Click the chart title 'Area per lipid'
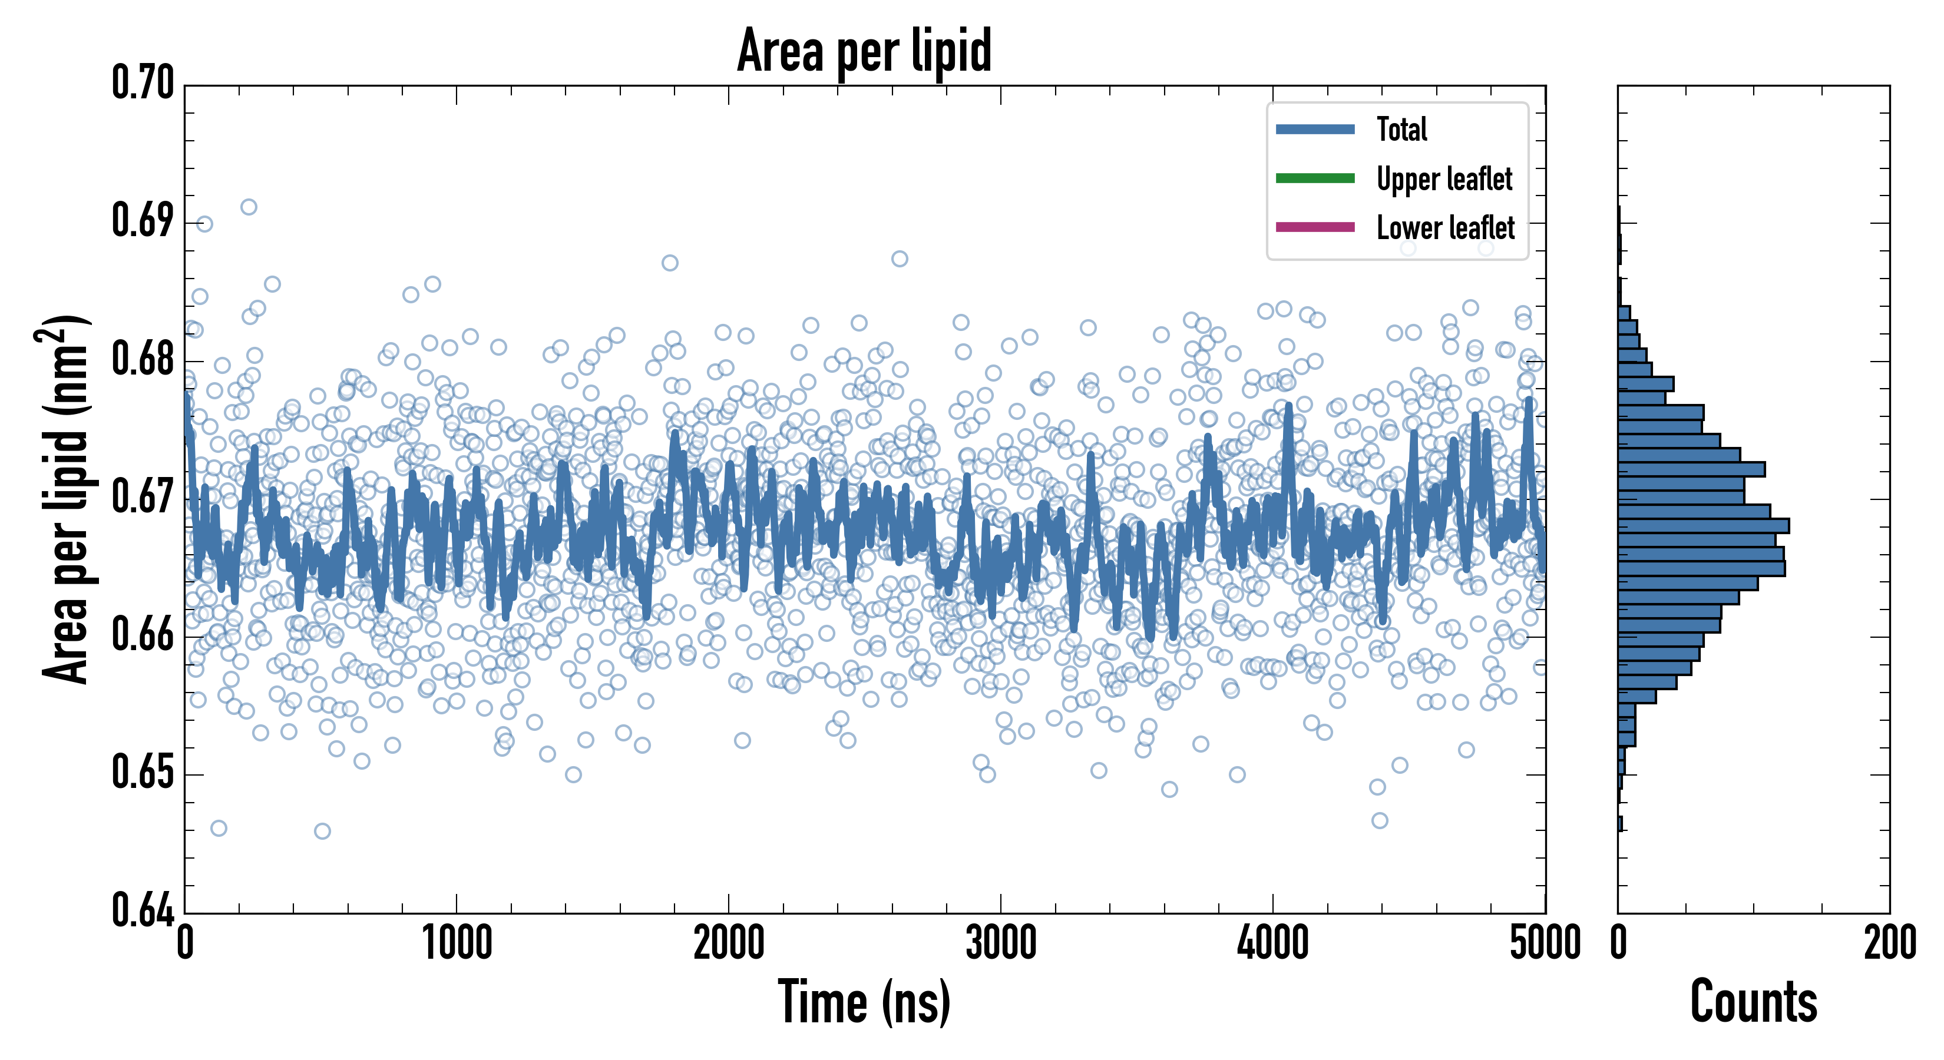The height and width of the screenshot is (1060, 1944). pos(864,51)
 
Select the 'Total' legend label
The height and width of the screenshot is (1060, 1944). pos(1401,129)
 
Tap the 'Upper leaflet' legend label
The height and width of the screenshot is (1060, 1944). pos(1444,179)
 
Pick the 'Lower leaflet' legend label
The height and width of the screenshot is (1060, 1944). pos(1445,227)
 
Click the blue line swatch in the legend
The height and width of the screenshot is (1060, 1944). pos(1315,129)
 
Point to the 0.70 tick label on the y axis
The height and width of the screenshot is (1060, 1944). pos(143,83)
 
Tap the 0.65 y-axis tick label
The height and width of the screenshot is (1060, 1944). pos(143,773)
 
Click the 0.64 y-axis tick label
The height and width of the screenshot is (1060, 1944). pos(143,910)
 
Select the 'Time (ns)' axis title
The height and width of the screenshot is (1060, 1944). pos(864,1003)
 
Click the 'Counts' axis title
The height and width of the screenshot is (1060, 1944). pos(1753,1003)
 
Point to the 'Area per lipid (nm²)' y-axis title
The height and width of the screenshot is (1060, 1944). pos(65,499)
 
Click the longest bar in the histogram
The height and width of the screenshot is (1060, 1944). pos(1703,526)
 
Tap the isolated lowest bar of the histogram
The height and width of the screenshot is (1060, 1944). pos(1620,824)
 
